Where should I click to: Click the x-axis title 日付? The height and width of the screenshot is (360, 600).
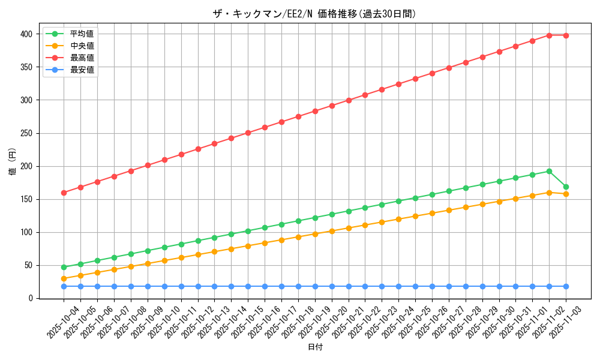point(315,347)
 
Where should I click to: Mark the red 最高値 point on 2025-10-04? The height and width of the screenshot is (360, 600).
point(64,193)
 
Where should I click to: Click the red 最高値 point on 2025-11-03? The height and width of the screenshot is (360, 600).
point(566,35)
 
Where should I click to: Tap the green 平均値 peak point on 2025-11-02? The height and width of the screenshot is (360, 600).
point(549,171)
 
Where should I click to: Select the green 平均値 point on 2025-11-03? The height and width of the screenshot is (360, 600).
point(566,187)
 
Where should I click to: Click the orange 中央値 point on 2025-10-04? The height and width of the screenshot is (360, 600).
point(64,278)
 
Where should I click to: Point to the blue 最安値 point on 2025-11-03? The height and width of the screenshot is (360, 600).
point(566,286)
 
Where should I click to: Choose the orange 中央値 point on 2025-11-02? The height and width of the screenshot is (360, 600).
point(549,193)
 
